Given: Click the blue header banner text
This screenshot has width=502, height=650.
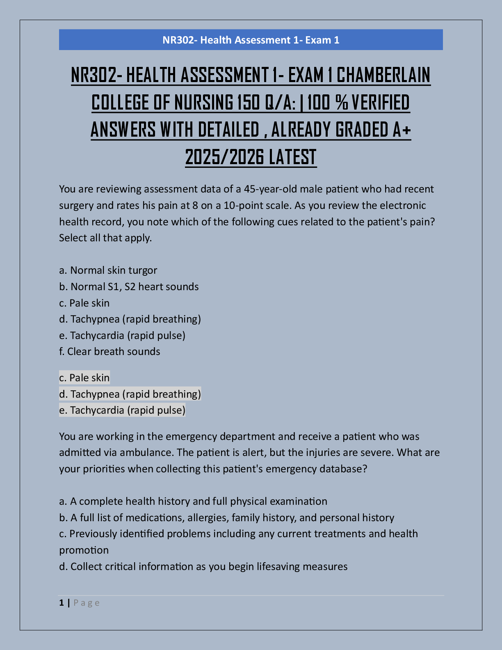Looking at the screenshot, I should pyautogui.click(x=251, y=40).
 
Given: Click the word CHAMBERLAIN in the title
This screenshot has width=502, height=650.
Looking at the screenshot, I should pyautogui.click(x=383, y=75).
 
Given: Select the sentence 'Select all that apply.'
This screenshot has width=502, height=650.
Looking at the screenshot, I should pyautogui.click(x=105, y=238).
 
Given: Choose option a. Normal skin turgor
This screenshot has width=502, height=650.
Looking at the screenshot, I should pyautogui.click(x=108, y=270).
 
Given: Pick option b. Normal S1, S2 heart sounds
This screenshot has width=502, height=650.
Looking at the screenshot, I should pyautogui.click(x=129, y=286).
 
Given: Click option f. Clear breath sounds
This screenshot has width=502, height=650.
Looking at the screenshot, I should pyautogui.click(x=110, y=352).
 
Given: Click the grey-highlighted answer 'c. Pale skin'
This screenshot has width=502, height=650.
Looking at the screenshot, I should pyautogui.click(x=84, y=378).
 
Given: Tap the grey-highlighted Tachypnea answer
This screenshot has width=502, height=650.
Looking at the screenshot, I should pyautogui.click(x=130, y=394).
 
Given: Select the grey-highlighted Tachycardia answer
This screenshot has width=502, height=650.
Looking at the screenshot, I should pyautogui.click(x=122, y=410).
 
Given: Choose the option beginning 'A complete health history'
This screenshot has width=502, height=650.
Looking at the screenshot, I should pyautogui.click(x=193, y=501).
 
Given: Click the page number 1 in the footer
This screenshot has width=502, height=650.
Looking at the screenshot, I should pyautogui.click(x=62, y=603).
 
